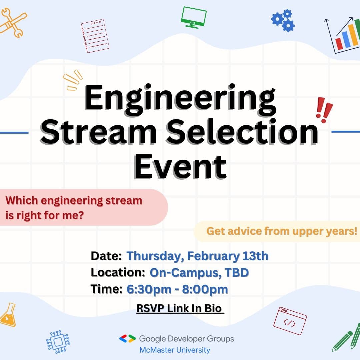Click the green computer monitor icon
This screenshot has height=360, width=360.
(x=194, y=17)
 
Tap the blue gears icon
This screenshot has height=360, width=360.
(x=283, y=20)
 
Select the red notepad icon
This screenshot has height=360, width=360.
(x=95, y=36)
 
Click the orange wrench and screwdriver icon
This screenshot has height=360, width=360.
(x=13, y=23)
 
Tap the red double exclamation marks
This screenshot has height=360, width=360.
(x=324, y=110)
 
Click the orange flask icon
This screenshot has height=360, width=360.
(x=8, y=315)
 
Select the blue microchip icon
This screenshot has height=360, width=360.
(x=58, y=342)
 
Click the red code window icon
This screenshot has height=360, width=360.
(x=290, y=321)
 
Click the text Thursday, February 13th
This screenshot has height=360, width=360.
(x=197, y=256)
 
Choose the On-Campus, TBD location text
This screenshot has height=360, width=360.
(x=199, y=273)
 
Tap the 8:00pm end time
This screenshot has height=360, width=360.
(x=205, y=289)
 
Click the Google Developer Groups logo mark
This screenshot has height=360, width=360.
(x=127, y=339)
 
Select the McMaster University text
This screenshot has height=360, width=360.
(x=175, y=350)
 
